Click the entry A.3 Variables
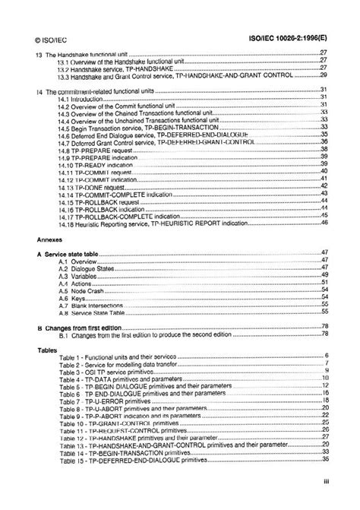79,274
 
